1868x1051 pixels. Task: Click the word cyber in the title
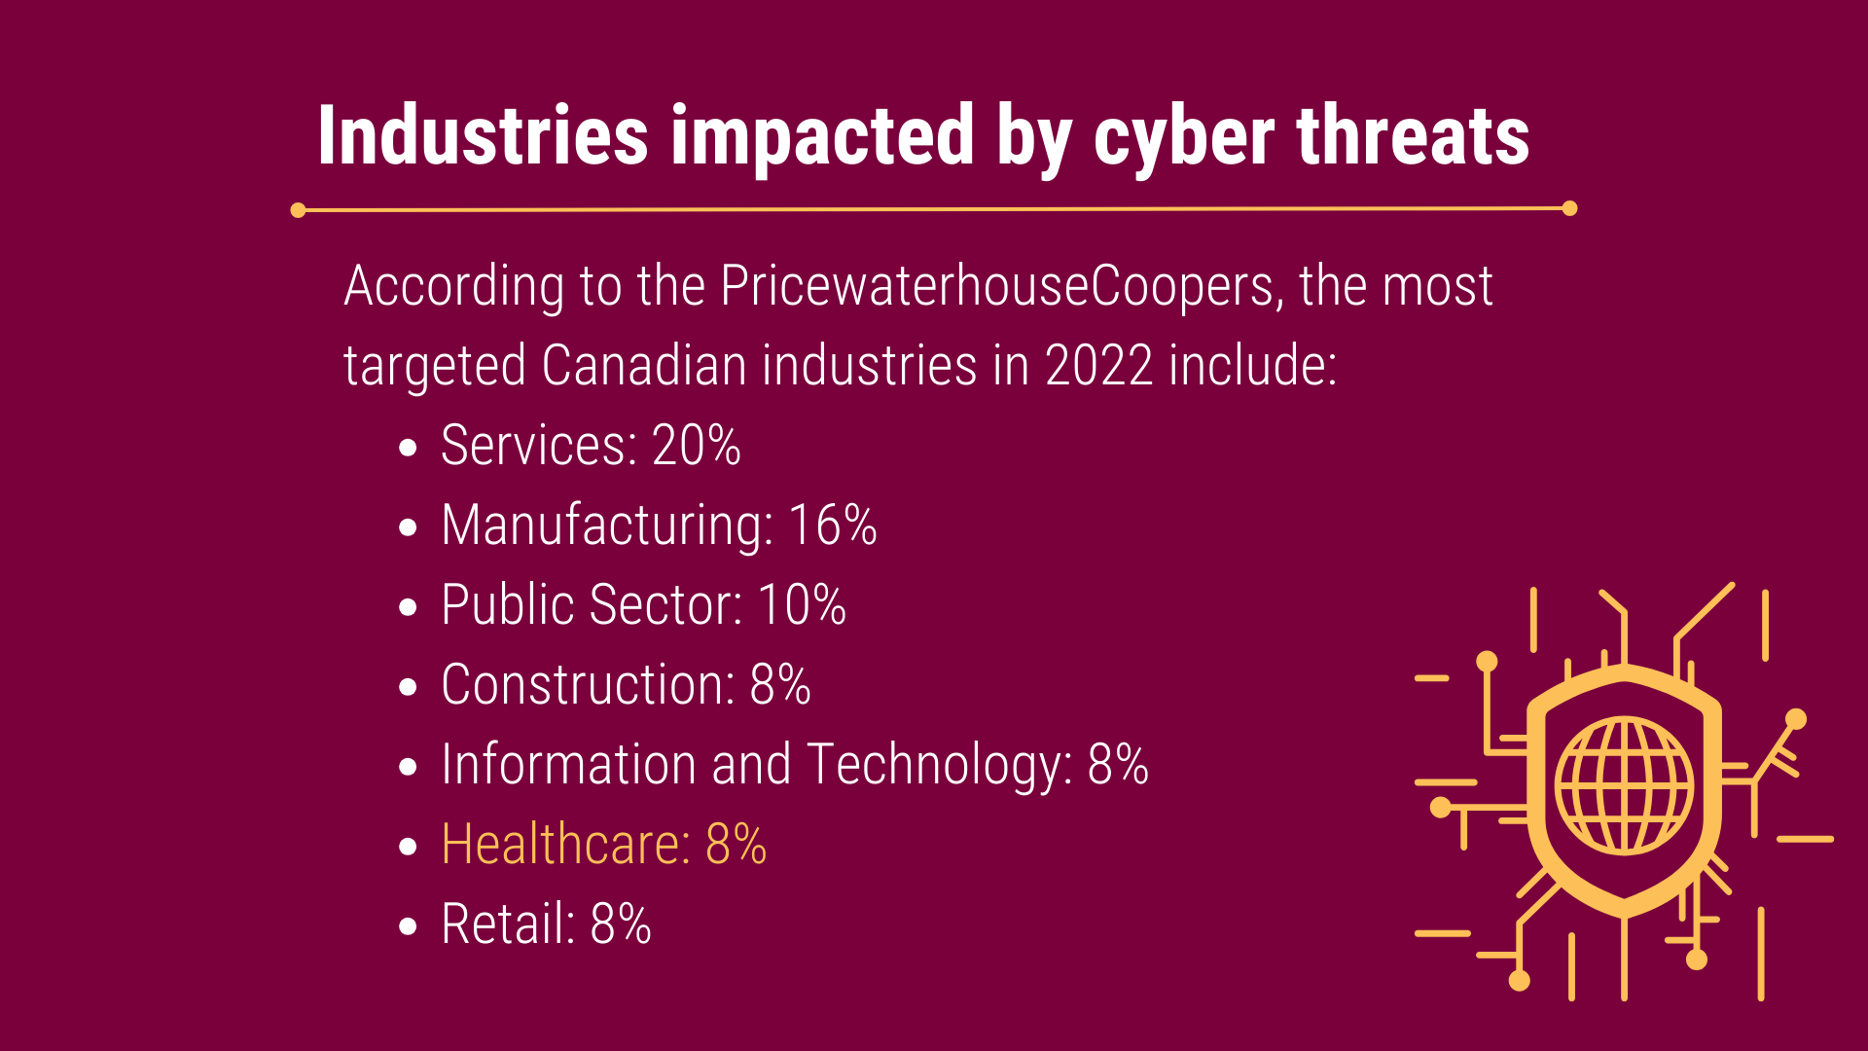1183,136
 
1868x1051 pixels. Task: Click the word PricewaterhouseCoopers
998,286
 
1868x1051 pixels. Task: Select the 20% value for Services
696,446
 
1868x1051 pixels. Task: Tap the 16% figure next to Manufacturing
832,525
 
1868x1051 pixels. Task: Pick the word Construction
588,685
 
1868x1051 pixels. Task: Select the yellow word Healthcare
565,845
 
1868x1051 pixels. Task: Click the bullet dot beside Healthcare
409,847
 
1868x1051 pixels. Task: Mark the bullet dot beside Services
409,448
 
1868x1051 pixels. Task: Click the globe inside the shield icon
1624,785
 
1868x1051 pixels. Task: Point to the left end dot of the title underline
299,210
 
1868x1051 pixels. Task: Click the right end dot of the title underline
1569,208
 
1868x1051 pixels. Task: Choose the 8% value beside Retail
620,924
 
